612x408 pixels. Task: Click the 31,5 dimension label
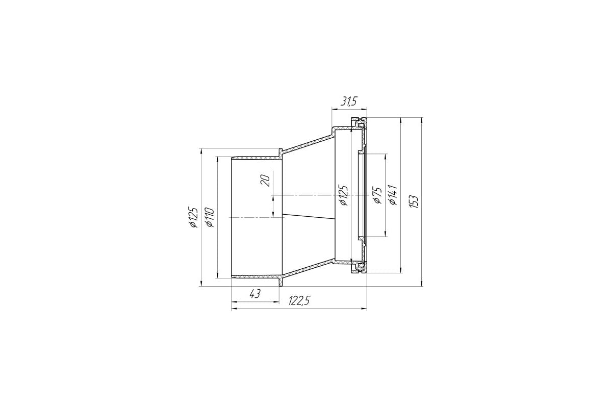[x=349, y=101]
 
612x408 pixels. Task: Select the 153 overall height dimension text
[x=414, y=202]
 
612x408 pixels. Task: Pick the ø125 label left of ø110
[x=193, y=217]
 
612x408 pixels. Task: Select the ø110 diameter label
[x=209, y=217]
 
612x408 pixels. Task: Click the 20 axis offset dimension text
[x=265, y=181]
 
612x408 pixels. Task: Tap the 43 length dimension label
[x=255, y=294]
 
